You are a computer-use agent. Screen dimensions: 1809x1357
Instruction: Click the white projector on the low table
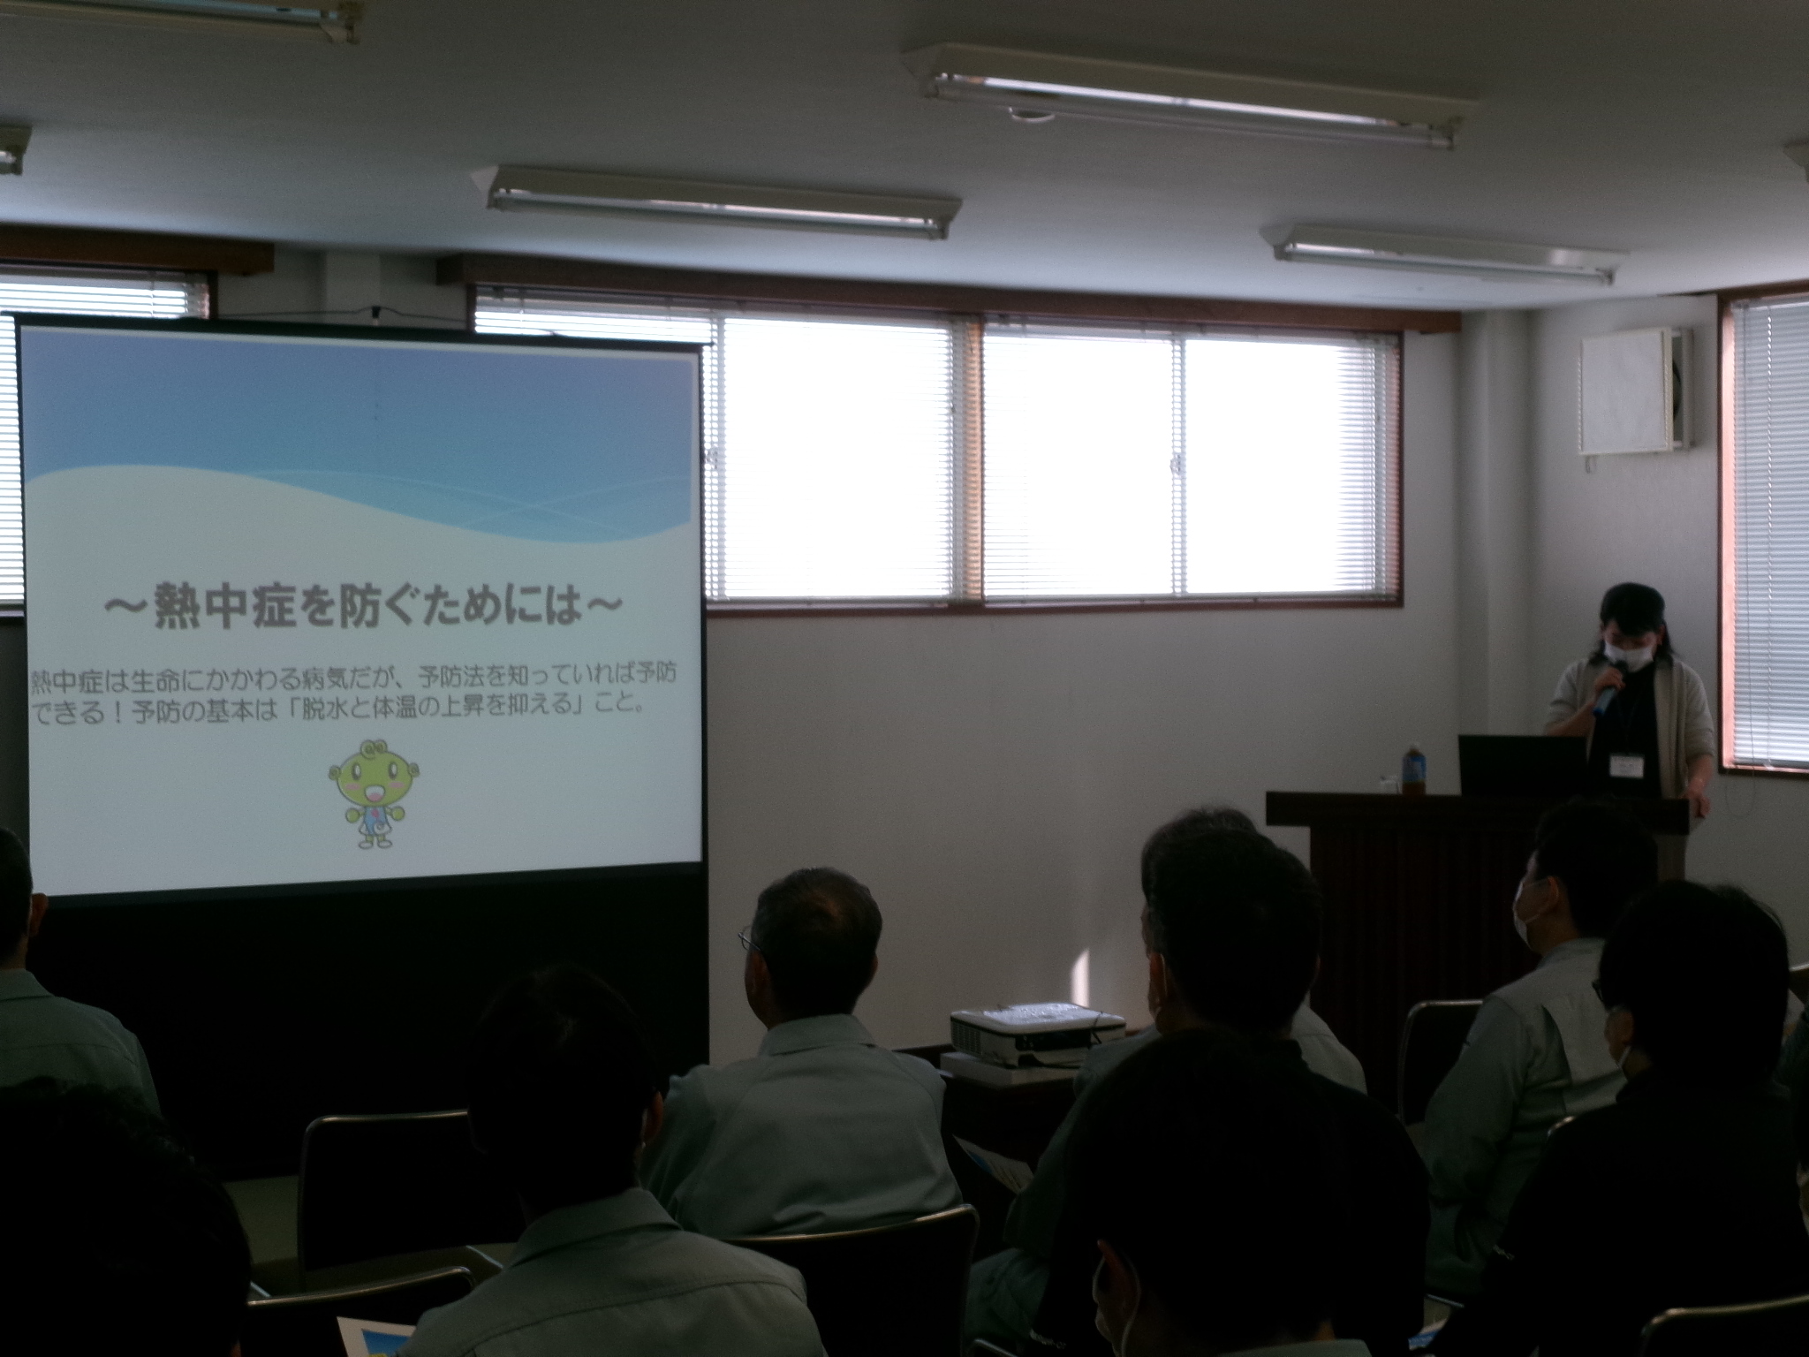click(x=1035, y=1035)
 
